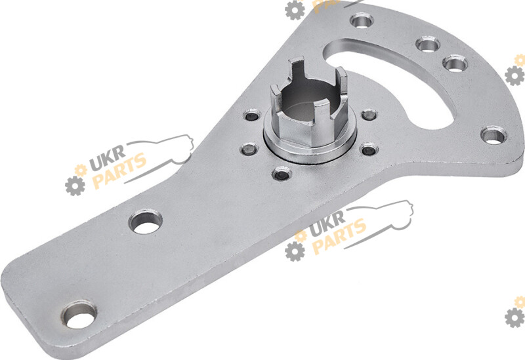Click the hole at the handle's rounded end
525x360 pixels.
tap(79, 315)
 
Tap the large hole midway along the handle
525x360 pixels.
tap(145, 222)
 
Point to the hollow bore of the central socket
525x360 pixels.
tap(303, 100)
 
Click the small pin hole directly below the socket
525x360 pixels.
tap(282, 174)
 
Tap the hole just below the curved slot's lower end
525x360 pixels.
tap(493, 136)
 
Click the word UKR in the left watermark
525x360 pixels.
tap(107, 157)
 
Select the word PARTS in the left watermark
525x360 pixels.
tap(119, 170)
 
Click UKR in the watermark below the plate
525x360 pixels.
tap(326, 224)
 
